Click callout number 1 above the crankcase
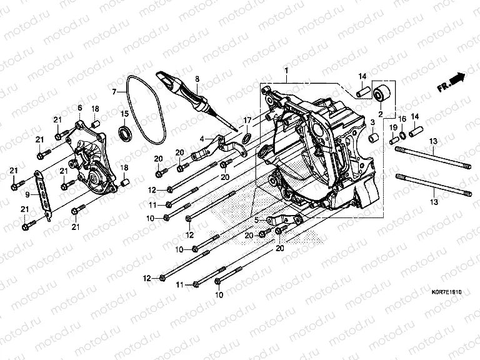pos(287,70)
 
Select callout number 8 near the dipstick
pos(196,79)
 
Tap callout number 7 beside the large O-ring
pos(114,92)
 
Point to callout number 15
pos(125,113)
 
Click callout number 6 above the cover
pos(79,108)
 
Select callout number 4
pos(202,138)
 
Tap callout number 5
pos(256,220)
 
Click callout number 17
pos(247,120)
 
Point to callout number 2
pos(379,114)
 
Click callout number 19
pos(394,127)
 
